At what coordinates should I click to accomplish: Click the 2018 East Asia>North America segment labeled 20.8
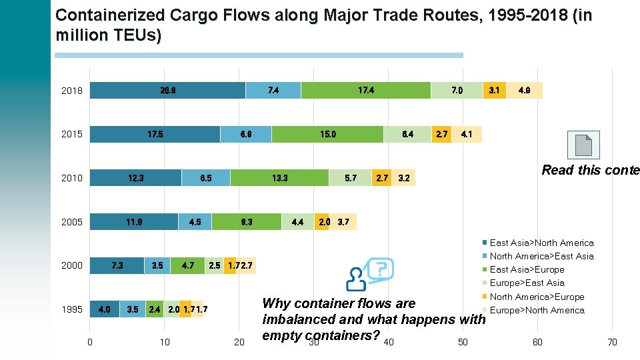[x=167, y=90]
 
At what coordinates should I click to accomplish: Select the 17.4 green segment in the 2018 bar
[x=365, y=90]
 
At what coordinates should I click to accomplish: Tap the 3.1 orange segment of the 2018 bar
[x=493, y=90]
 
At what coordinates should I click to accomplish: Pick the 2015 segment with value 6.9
[x=245, y=134]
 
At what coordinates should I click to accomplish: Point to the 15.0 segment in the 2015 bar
[x=327, y=134]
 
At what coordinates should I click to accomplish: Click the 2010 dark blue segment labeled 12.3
[x=135, y=178]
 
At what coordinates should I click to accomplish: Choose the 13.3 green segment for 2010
[x=279, y=178]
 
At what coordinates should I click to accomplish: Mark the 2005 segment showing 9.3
[x=247, y=222]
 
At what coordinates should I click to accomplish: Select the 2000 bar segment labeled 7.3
[x=117, y=265]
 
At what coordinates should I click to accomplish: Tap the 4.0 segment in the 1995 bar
[x=105, y=309]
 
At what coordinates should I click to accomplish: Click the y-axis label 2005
[x=72, y=222]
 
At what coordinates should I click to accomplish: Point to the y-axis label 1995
[x=72, y=309]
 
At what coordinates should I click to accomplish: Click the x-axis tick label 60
[x=537, y=342]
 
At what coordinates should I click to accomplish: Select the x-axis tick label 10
[x=165, y=342]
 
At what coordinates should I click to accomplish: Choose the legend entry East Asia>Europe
[x=527, y=269]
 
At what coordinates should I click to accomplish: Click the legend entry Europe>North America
[x=537, y=310]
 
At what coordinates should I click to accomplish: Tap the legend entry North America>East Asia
[x=541, y=256]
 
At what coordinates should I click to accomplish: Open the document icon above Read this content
[x=583, y=145]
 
